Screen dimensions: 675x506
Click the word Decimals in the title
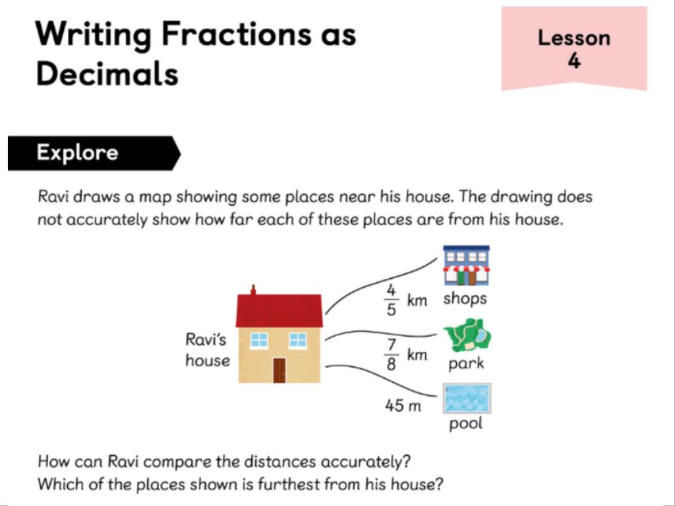(107, 73)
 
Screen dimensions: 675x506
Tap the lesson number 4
(574, 61)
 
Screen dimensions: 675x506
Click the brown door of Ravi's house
(279, 370)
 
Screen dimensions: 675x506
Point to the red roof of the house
(279, 311)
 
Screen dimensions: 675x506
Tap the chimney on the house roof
(253, 290)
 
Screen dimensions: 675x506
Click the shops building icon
(467, 266)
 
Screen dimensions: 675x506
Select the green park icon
(468, 335)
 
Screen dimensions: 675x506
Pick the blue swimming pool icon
(467, 399)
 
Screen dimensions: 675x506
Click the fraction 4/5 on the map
(391, 300)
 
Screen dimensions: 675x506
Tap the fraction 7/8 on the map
(391, 355)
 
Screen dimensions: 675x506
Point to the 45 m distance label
(403, 405)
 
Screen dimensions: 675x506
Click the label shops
(465, 298)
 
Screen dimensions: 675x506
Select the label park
(466, 364)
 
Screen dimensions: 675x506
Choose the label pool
(466, 424)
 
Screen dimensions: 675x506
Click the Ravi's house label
(208, 350)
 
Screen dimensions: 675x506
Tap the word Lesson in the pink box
(574, 38)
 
